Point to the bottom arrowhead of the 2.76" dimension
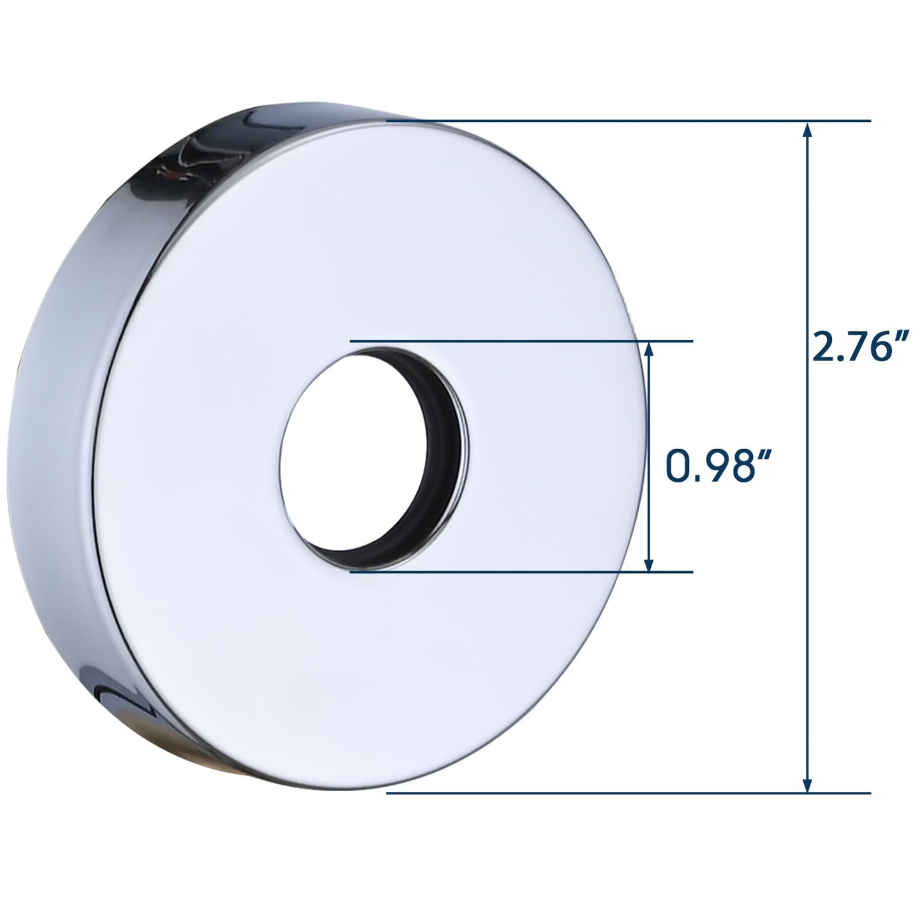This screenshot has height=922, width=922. point(808,785)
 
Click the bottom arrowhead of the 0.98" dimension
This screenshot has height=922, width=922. point(649,564)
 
